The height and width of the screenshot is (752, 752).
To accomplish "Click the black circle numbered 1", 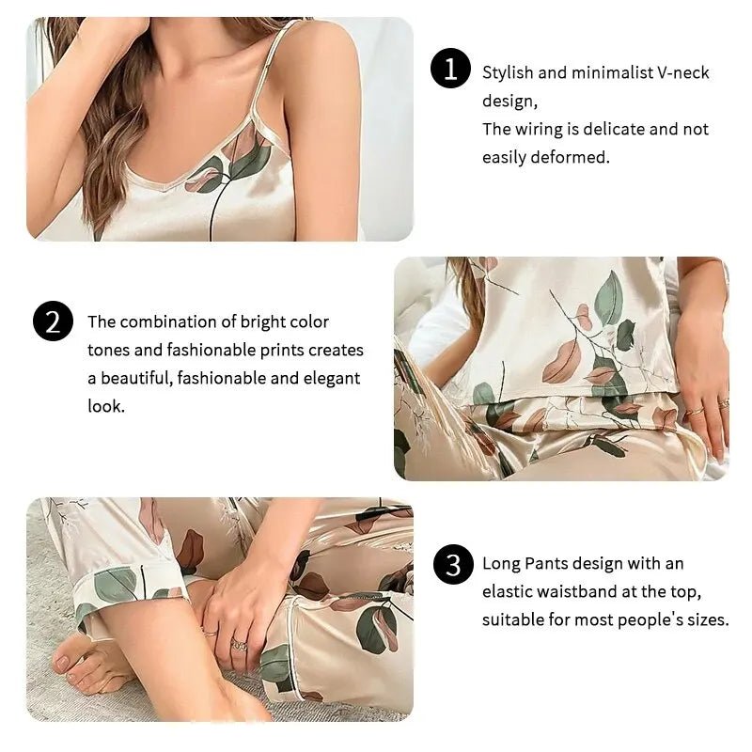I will pos(450,70).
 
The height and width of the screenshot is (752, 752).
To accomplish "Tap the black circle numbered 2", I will pos(53,321).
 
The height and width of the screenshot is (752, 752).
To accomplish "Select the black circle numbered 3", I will pos(454,565).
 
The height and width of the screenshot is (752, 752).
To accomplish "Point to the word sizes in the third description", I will pos(703,619).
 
